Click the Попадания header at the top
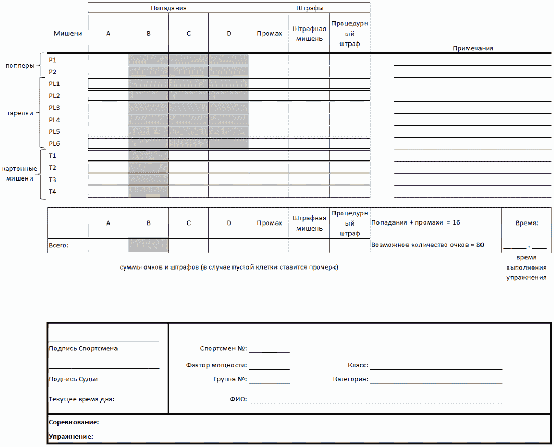[168, 8]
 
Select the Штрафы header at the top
[310, 8]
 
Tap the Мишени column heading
[67, 34]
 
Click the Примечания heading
[473, 48]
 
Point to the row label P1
[53, 60]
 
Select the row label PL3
[54, 108]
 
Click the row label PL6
[54, 144]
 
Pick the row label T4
[53, 192]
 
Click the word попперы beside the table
[20, 66]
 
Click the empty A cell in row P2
[108, 71]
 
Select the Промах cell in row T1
[269, 156]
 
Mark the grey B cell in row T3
[148, 180]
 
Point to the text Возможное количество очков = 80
[428, 245]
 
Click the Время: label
[527, 223]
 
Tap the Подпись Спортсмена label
[83, 349]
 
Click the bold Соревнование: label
[74, 423]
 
